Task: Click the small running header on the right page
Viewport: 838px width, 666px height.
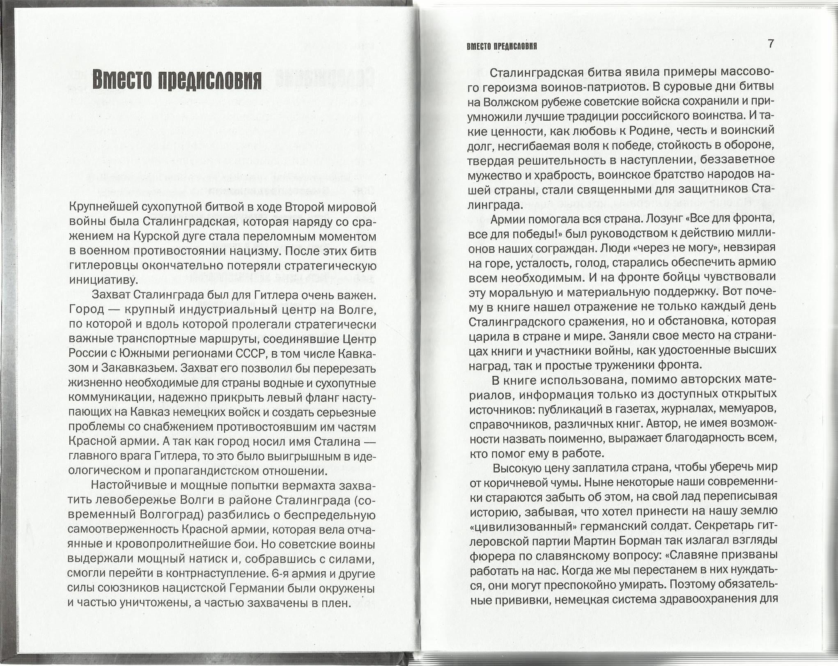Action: point(502,46)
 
